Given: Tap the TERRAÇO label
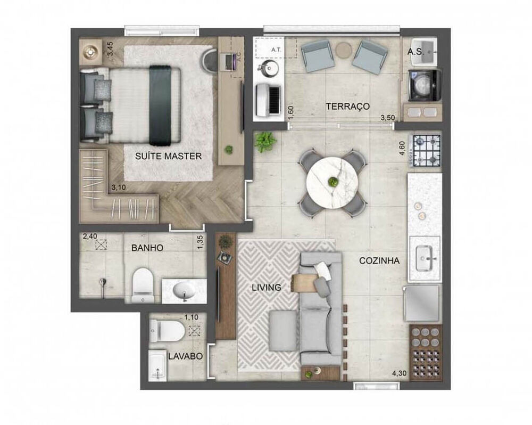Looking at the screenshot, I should pyautogui.click(x=347, y=106).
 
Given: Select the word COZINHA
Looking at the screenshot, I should pyautogui.click(x=379, y=261).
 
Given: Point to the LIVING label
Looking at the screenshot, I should pyautogui.click(x=266, y=288).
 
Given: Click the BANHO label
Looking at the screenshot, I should pyautogui.click(x=147, y=248).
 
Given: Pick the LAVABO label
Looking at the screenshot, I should pyautogui.click(x=185, y=356).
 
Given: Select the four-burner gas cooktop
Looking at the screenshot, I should pyautogui.click(x=427, y=150).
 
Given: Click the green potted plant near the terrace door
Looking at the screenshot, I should pyautogui.click(x=264, y=142).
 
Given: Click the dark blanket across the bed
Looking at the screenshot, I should pyautogui.click(x=159, y=105).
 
